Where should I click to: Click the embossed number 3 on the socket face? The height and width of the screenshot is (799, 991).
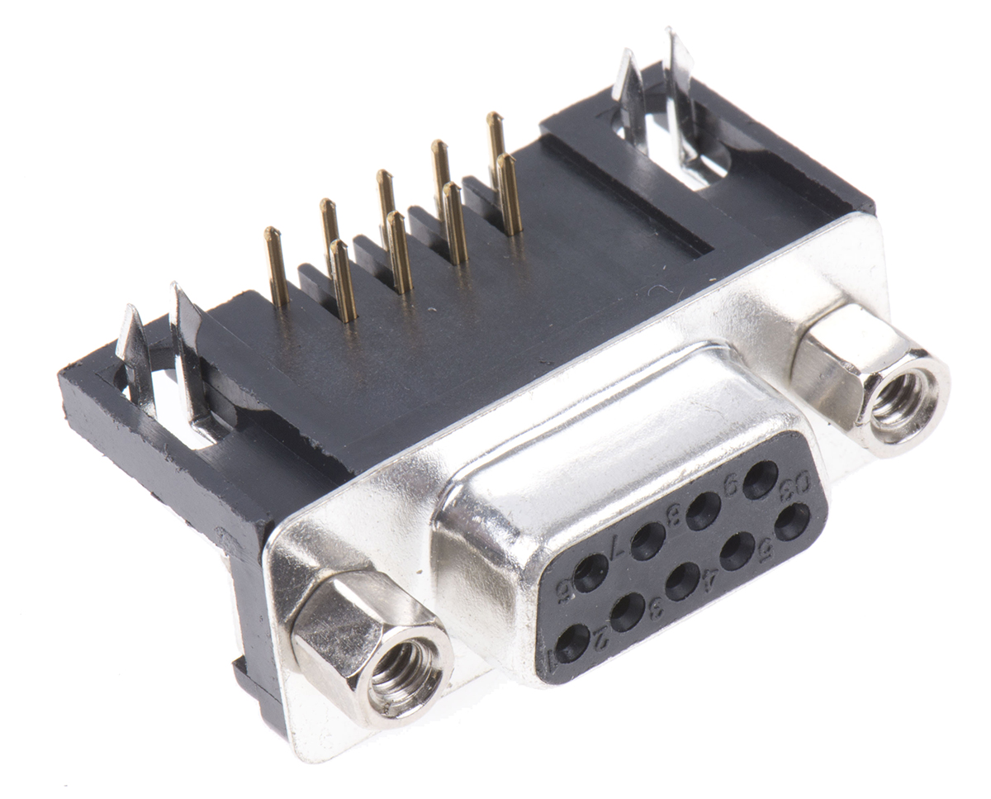(x=656, y=610)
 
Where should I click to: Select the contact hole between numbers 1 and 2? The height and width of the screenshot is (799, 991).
(x=572, y=643)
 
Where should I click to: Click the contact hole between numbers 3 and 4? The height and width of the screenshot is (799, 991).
(x=682, y=581)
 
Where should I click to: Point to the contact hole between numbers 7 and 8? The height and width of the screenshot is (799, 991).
(x=647, y=541)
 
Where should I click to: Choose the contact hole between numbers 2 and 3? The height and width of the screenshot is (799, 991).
(x=628, y=611)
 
